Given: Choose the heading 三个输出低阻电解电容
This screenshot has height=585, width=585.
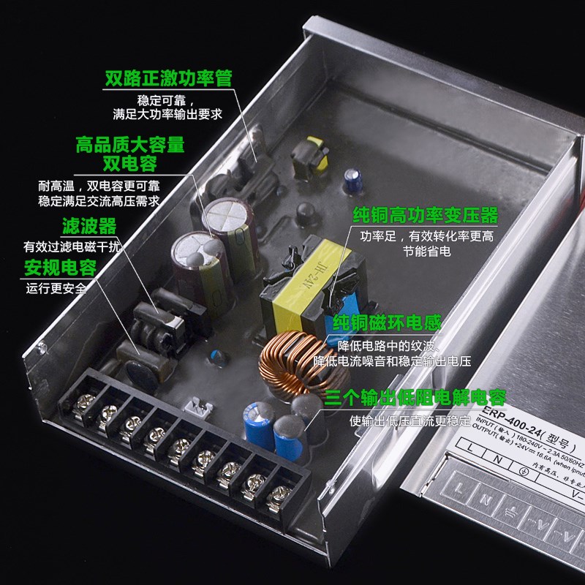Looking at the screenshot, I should pos(415,399).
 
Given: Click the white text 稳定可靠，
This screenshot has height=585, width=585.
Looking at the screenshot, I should pos(168,100).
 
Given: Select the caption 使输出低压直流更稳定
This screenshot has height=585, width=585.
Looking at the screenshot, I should pos(411,421).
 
